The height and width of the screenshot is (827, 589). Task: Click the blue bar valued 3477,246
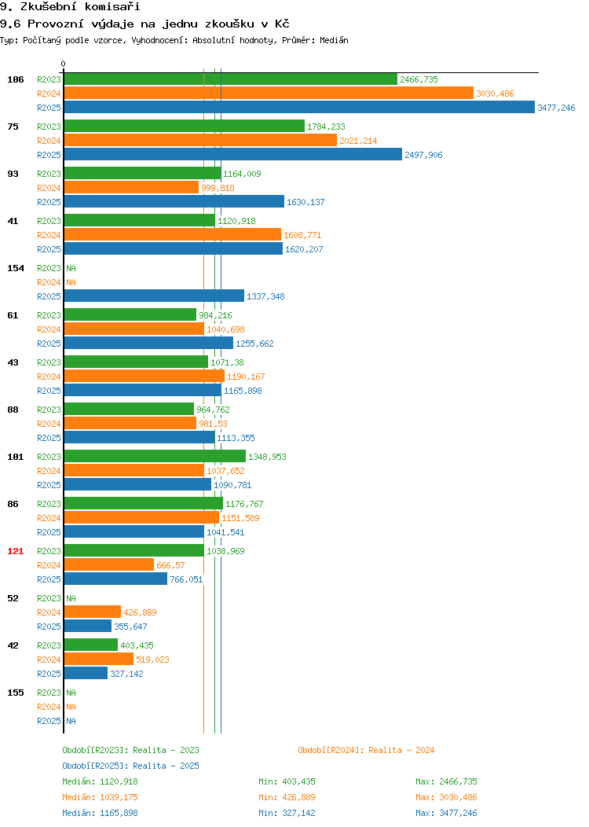[299, 107]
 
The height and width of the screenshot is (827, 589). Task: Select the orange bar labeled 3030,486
[269, 94]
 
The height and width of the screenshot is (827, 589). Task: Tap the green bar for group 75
[185, 126]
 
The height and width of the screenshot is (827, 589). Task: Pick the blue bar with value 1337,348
[155, 296]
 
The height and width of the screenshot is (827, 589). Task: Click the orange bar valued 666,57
[109, 565]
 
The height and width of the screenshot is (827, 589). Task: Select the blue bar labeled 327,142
[86, 674]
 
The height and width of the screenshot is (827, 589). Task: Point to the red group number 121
[15, 551]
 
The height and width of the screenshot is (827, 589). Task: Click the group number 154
[15, 268]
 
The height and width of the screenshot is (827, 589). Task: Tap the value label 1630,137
[305, 202]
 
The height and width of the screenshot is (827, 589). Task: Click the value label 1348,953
[267, 457]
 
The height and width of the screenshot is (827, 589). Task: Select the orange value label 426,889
[140, 612]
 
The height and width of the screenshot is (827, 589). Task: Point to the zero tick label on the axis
[64, 64]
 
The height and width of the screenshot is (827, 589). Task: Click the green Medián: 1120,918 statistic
[100, 781]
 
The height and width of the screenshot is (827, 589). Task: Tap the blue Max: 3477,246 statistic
[446, 813]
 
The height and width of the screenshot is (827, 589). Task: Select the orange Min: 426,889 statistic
[287, 797]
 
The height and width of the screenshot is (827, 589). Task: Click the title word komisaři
[112, 7]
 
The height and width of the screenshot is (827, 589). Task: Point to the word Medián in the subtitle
[334, 40]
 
